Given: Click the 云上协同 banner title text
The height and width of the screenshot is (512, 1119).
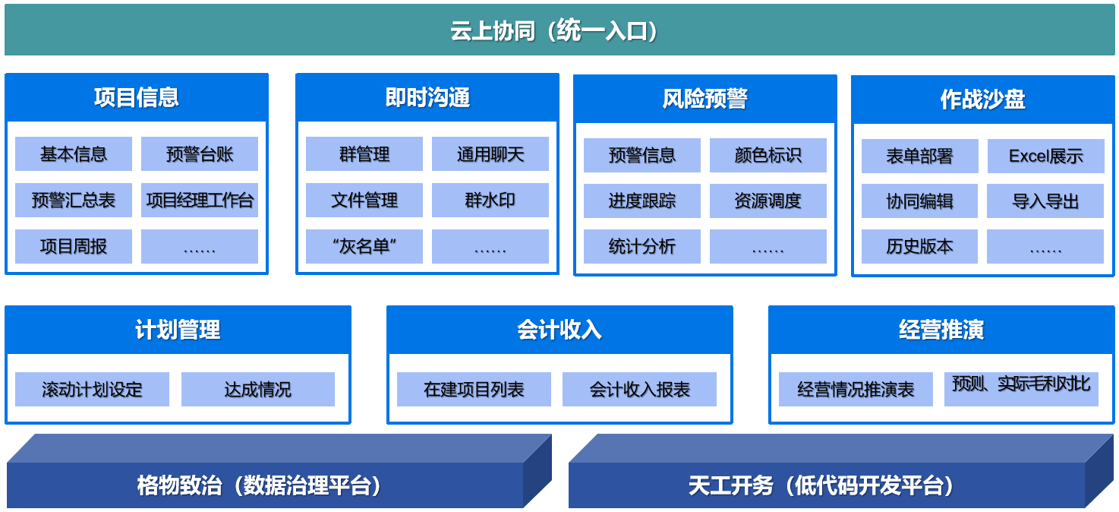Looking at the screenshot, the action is pyautogui.click(x=553, y=30).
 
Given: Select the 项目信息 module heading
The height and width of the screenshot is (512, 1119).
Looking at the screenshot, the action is pyautogui.click(x=137, y=97).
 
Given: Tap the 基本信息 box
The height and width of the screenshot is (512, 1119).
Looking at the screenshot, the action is pyautogui.click(x=74, y=154).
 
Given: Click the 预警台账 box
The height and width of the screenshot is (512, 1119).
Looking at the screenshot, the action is pyautogui.click(x=200, y=154).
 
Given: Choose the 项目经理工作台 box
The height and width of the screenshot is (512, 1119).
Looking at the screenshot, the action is pyautogui.click(x=200, y=200).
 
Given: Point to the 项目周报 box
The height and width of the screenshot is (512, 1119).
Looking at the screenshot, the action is pyautogui.click(x=74, y=246).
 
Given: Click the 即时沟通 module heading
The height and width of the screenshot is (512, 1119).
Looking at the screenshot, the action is pyautogui.click(x=427, y=97).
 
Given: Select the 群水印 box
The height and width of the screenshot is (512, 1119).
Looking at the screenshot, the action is pyautogui.click(x=490, y=200).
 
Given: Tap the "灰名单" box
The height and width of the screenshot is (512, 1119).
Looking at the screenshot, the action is pyautogui.click(x=364, y=246).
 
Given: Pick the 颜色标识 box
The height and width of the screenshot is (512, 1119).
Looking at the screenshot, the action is pyautogui.click(x=768, y=155).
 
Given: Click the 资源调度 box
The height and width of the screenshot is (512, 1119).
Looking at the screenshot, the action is pyautogui.click(x=768, y=201).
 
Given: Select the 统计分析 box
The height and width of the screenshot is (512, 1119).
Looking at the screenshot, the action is pyautogui.click(x=642, y=246).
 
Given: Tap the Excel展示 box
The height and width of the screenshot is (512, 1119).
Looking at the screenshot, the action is pyautogui.click(x=1045, y=156).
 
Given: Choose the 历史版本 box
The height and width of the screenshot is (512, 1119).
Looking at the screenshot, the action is pyautogui.click(x=919, y=246).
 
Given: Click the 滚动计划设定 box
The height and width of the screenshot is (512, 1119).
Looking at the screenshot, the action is pyautogui.click(x=92, y=389).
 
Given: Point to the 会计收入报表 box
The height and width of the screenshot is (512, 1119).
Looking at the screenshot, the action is pyautogui.click(x=639, y=389).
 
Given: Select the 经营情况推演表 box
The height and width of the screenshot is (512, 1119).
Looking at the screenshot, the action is pyautogui.click(x=856, y=389).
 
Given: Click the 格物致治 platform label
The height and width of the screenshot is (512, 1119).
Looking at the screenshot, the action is pyautogui.click(x=259, y=485).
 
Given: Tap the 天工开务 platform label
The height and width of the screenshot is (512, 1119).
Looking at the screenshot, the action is pyautogui.click(x=820, y=485).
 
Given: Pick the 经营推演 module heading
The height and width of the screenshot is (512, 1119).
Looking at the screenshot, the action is pyautogui.click(x=941, y=330).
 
